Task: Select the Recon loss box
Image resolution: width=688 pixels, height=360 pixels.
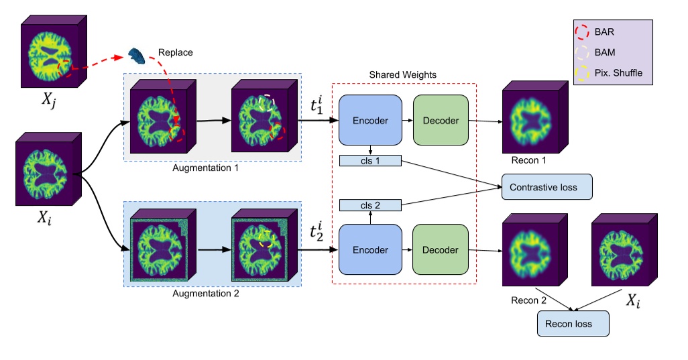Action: pos(573,324)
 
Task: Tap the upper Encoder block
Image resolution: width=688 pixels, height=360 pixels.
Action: pos(370,121)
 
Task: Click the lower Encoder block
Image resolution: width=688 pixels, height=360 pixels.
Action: pos(370,250)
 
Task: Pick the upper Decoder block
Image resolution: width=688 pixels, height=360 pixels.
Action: pos(441,121)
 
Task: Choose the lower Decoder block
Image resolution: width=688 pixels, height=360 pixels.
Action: pos(441,250)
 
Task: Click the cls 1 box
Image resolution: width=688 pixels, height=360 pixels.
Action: pos(370,161)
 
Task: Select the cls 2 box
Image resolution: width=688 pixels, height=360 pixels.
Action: pos(370,204)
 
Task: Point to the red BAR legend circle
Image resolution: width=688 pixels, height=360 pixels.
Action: pos(582,32)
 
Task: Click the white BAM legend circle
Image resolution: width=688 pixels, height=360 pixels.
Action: pos(582,52)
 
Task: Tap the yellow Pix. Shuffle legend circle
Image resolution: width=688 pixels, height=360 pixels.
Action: pos(582,72)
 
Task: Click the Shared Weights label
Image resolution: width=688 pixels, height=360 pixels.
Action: pos(402,75)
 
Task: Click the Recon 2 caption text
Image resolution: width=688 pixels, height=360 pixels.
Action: pos(524,300)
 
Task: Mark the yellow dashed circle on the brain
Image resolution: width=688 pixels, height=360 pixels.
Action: pos(266,239)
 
